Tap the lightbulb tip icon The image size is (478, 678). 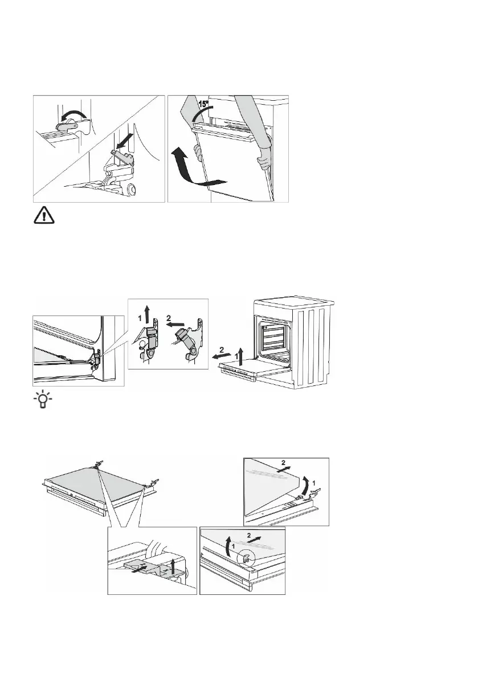coord(42,401)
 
